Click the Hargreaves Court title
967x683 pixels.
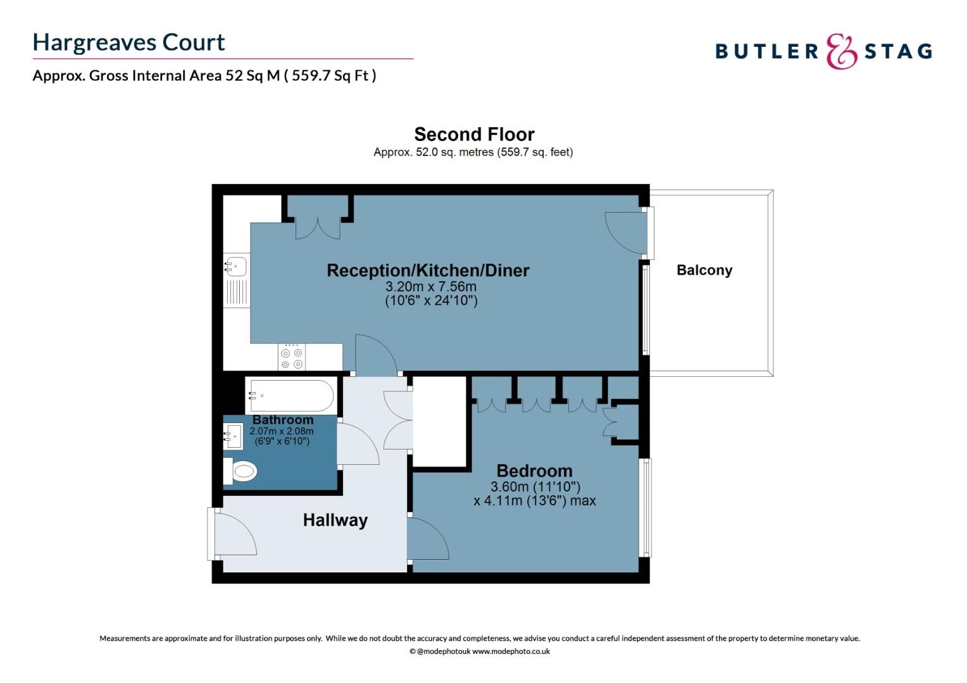(x=128, y=42)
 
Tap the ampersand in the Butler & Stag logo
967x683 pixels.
(x=841, y=51)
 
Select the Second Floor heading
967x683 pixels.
(x=474, y=134)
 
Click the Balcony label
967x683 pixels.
(x=704, y=270)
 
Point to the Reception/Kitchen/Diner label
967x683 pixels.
(x=428, y=270)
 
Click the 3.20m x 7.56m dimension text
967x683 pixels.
(x=431, y=286)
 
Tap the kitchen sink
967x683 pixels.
(x=236, y=266)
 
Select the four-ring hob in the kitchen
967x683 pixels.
(x=292, y=358)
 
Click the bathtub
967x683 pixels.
(x=290, y=396)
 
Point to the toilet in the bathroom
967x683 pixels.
(x=241, y=471)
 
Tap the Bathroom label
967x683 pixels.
(x=283, y=420)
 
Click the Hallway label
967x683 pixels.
(x=335, y=520)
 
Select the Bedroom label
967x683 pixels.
(x=534, y=471)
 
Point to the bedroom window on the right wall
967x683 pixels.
(x=646, y=507)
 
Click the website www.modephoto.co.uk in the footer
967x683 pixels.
(x=511, y=651)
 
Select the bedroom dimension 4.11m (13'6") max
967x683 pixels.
(x=535, y=501)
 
